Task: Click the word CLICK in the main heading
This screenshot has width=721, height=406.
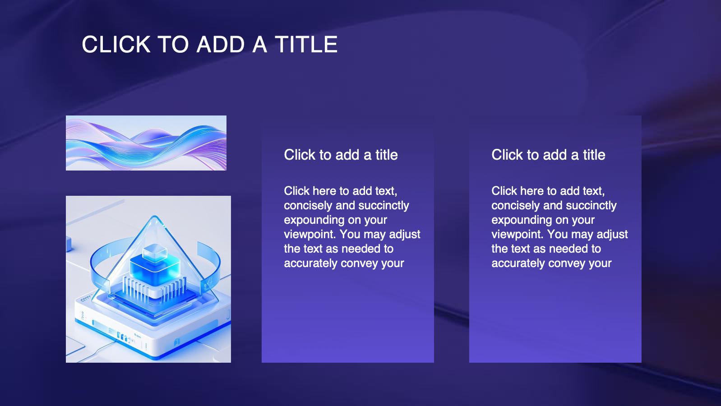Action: click(116, 44)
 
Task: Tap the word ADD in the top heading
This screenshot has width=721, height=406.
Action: click(221, 44)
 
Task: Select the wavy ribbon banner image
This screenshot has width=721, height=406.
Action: click(146, 143)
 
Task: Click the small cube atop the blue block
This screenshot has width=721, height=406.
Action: click(155, 252)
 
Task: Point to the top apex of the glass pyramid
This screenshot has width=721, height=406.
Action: click(155, 216)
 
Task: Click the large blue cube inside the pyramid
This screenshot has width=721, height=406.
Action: click(155, 270)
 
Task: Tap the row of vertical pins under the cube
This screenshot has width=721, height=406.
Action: click(154, 288)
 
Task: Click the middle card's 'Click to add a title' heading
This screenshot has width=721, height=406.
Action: click(341, 155)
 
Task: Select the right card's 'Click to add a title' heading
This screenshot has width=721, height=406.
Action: click(548, 155)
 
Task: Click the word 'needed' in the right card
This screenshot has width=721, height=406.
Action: click(571, 249)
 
